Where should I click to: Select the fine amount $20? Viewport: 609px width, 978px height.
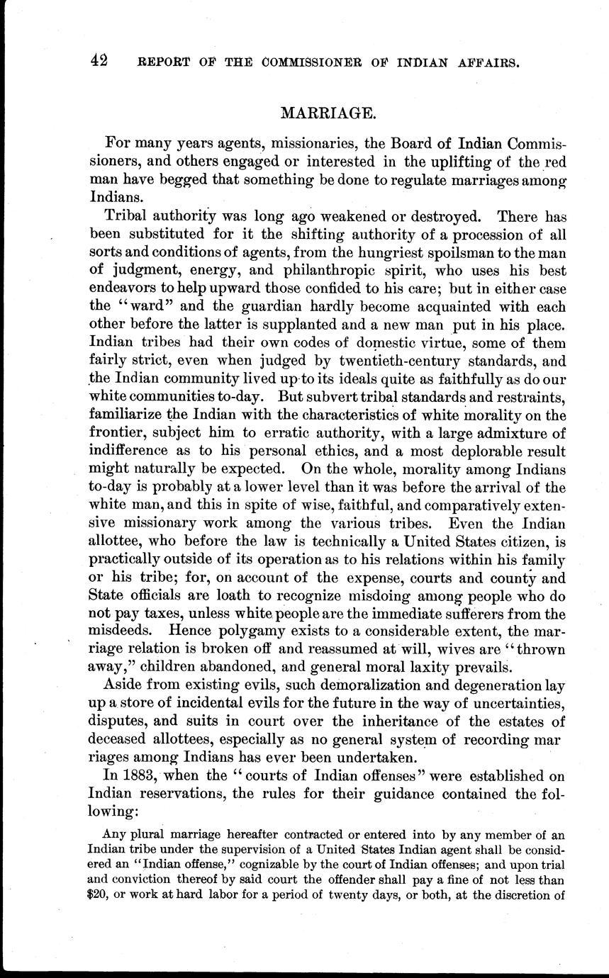click(x=100, y=895)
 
